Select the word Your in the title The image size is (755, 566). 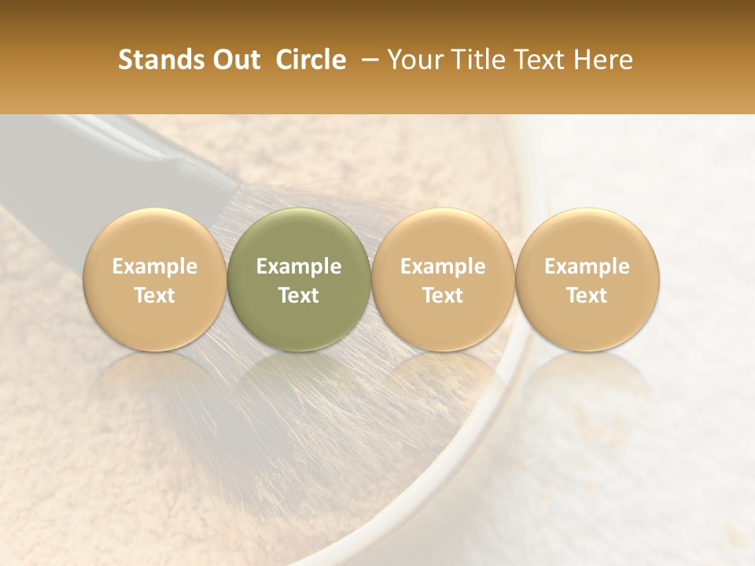pyautogui.click(x=413, y=60)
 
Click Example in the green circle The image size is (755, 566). pyautogui.click(x=299, y=266)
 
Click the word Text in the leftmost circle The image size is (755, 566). pyautogui.click(x=154, y=296)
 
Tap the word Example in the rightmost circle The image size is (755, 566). pyautogui.click(x=587, y=266)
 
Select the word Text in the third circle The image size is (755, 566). pyautogui.click(x=443, y=296)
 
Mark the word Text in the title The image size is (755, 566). pyautogui.click(x=542, y=60)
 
